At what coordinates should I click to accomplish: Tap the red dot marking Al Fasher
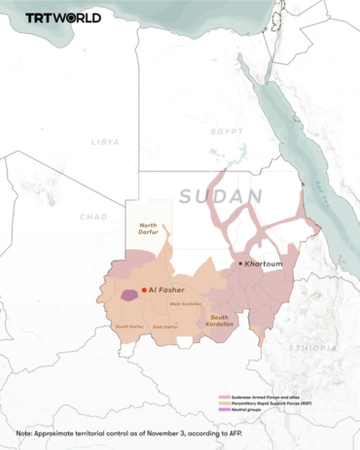pos(143,290)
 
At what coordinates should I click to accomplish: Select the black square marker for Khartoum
pos(241,262)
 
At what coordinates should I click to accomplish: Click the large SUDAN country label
pos(221,196)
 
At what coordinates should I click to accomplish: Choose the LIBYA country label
pos(104,142)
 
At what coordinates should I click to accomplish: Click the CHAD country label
pos(93,217)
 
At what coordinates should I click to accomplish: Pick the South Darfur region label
pos(128,327)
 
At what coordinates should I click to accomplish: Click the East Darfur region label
pos(165,327)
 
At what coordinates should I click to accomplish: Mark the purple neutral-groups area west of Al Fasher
pos(127,294)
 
